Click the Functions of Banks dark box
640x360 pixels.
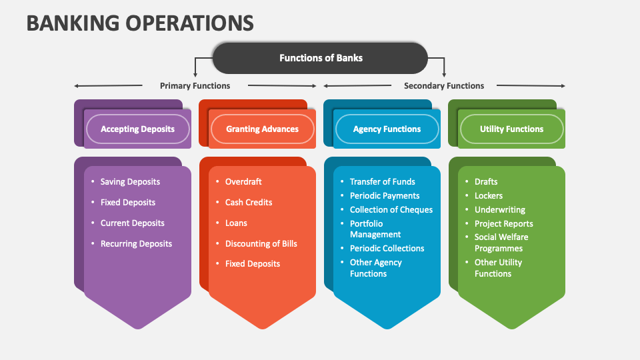point(321,58)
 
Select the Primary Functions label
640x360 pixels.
point(195,85)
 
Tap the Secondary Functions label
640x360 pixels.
point(444,85)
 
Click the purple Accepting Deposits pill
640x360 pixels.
point(137,129)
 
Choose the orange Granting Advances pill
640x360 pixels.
point(262,129)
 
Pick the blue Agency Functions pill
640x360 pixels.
point(387,129)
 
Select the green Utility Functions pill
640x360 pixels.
point(511,129)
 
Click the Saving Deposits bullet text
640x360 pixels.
point(130,181)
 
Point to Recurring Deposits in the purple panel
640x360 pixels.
point(136,243)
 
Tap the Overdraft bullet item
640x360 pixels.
point(243,181)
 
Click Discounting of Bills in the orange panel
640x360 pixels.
point(261,243)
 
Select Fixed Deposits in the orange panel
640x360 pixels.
point(253,263)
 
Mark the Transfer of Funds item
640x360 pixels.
point(382,181)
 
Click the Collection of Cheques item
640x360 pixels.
point(391,209)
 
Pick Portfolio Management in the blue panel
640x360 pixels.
point(375,229)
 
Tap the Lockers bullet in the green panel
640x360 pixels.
point(489,195)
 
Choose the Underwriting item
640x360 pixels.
point(499,209)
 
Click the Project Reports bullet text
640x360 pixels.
point(503,223)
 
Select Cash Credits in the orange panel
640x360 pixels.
point(249,202)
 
